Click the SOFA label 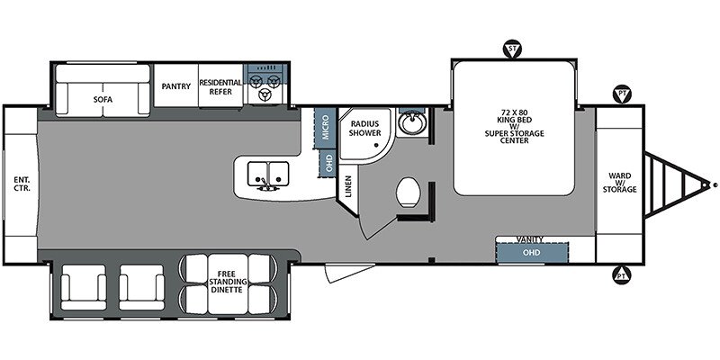[x=103, y=99]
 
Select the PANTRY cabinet [x=175, y=85]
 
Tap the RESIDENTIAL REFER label [x=220, y=86]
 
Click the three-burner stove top [x=265, y=86]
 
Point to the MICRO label [x=326, y=128]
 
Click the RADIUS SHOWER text [x=365, y=128]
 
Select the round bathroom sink [x=412, y=122]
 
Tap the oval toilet [x=409, y=192]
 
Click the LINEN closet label [x=348, y=187]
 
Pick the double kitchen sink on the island [x=268, y=174]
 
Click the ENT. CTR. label [x=21, y=184]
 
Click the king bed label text [x=514, y=126]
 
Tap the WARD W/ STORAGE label [x=619, y=183]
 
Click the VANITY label [x=529, y=239]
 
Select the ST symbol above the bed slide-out [x=512, y=49]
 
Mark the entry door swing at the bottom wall [x=349, y=272]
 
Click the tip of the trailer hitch [x=715, y=185]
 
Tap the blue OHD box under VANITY [x=532, y=253]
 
